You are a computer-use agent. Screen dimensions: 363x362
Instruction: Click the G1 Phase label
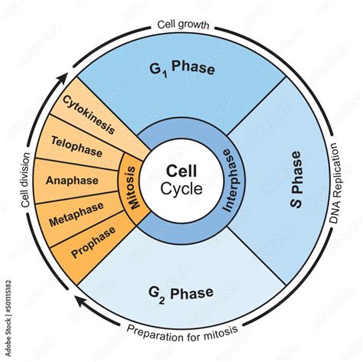click(x=182, y=68)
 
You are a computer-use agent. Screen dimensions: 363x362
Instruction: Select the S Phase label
click(x=296, y=180)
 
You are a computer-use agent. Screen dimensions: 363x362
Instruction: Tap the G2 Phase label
click(x=181, y=294)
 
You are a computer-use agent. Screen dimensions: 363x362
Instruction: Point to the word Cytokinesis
click(x=89, y=115)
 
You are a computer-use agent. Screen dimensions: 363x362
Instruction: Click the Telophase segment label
click(x=77, y=146)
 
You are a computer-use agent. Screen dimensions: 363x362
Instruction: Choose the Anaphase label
click(x=72, y=181)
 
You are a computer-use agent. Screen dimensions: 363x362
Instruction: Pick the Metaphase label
click(x=77, y=214)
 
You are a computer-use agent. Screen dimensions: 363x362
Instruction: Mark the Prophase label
click(x=93, y=242)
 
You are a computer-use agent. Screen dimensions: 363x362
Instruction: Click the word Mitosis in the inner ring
click(x=133, y=188)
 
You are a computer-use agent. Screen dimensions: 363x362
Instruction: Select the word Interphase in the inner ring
click(x=228, y=181)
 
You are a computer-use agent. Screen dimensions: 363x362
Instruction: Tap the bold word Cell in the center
click(x=181, y=171)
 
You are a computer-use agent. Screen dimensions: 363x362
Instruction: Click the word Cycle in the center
click(x=181, y=189)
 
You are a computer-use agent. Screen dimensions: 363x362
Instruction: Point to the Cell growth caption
click(x=183, y=25)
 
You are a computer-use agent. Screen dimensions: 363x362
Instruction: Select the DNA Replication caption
click(x=336, y=183)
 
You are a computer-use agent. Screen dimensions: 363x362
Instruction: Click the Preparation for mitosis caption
click(x=182, y=333)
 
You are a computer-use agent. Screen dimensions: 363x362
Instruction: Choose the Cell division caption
click(x=25, y=180)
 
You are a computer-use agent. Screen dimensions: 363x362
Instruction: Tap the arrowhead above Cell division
click(x=63, y=79)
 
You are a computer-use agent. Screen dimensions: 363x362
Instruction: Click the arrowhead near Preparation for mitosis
click(x=82, y=301)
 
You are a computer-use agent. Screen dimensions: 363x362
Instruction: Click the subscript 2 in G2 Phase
click(x=162, y=301)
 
